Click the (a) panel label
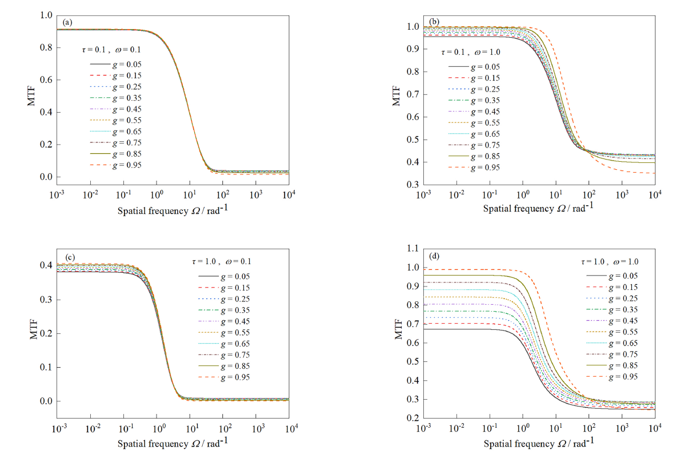click(68, 23)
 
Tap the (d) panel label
click(434, 257)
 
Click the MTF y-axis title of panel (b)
click(396, 94)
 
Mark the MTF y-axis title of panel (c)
click(33, 333)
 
